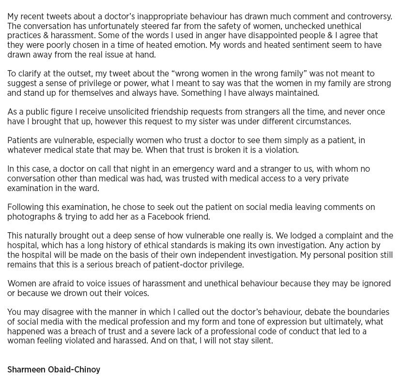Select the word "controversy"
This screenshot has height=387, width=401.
tap(366, 16)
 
